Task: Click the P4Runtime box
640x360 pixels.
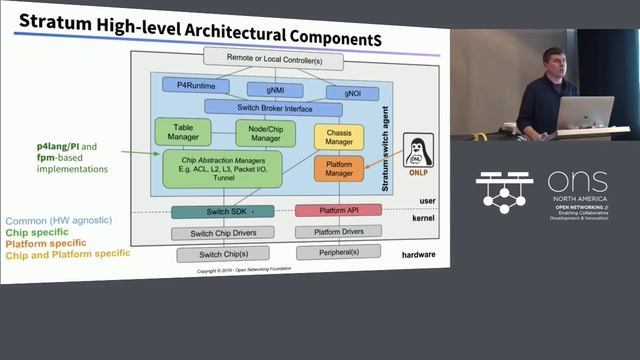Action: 190,87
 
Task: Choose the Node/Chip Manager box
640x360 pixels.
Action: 265,132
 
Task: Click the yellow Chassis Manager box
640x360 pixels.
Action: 338,137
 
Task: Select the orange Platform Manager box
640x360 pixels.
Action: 338,169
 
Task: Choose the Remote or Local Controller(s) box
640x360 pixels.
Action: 272,61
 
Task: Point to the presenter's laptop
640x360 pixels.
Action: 585,112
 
